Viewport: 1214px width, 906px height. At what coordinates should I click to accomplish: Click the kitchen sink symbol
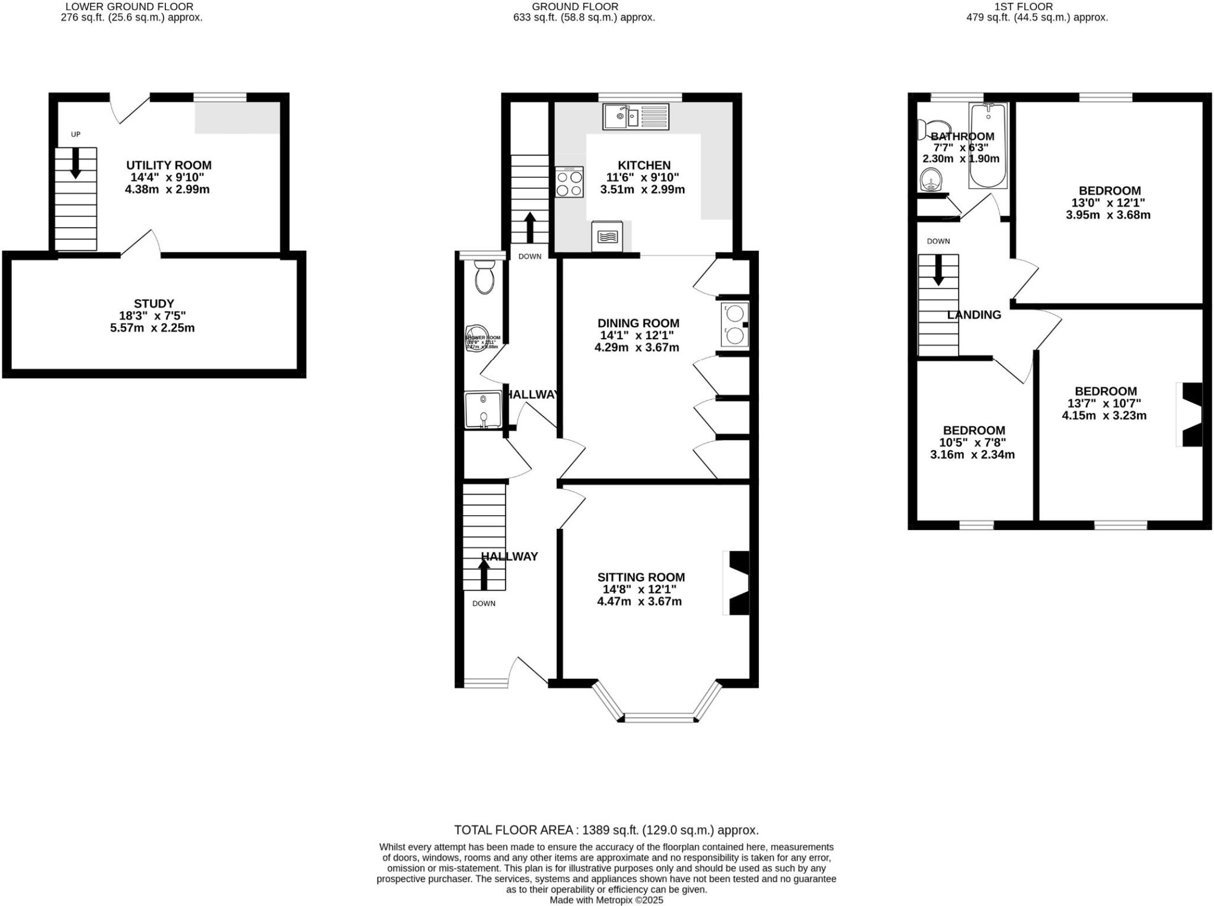click(x=635, y=117)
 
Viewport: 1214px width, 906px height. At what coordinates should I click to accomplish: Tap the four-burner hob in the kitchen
click(x=569, y=183)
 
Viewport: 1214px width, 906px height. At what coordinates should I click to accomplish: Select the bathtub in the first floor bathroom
click(x=988, y=145)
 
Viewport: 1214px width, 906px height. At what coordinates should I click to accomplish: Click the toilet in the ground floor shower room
click(x=484, y=277)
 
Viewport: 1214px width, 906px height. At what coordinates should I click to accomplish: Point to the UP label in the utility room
click(x=75, y=135)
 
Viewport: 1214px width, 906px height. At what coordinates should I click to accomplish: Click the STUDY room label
click(x=154, y=304)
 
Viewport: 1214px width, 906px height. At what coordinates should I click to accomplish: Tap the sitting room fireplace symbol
click(x=737, y=583)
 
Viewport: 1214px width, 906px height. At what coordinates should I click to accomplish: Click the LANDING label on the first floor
click(x=974, y=315)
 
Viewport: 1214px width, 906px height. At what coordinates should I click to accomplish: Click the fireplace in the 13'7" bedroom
click(x=1190, y=414)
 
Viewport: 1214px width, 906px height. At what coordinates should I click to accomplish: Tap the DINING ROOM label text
click(x=638, y=323)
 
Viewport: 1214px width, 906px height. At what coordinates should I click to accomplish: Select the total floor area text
click(x=606, y=830)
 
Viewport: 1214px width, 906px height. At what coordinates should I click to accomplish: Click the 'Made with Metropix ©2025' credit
click(x=606, y=900)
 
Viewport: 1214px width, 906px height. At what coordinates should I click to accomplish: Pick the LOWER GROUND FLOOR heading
click(x=129, y=7)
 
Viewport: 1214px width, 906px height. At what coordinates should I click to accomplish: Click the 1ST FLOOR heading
click(x=1032, y=7)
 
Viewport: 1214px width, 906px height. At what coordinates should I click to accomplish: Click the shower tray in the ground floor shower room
click(x=483, y=410)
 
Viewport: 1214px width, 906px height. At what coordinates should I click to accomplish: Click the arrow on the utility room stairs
click(x=75, y=163)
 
